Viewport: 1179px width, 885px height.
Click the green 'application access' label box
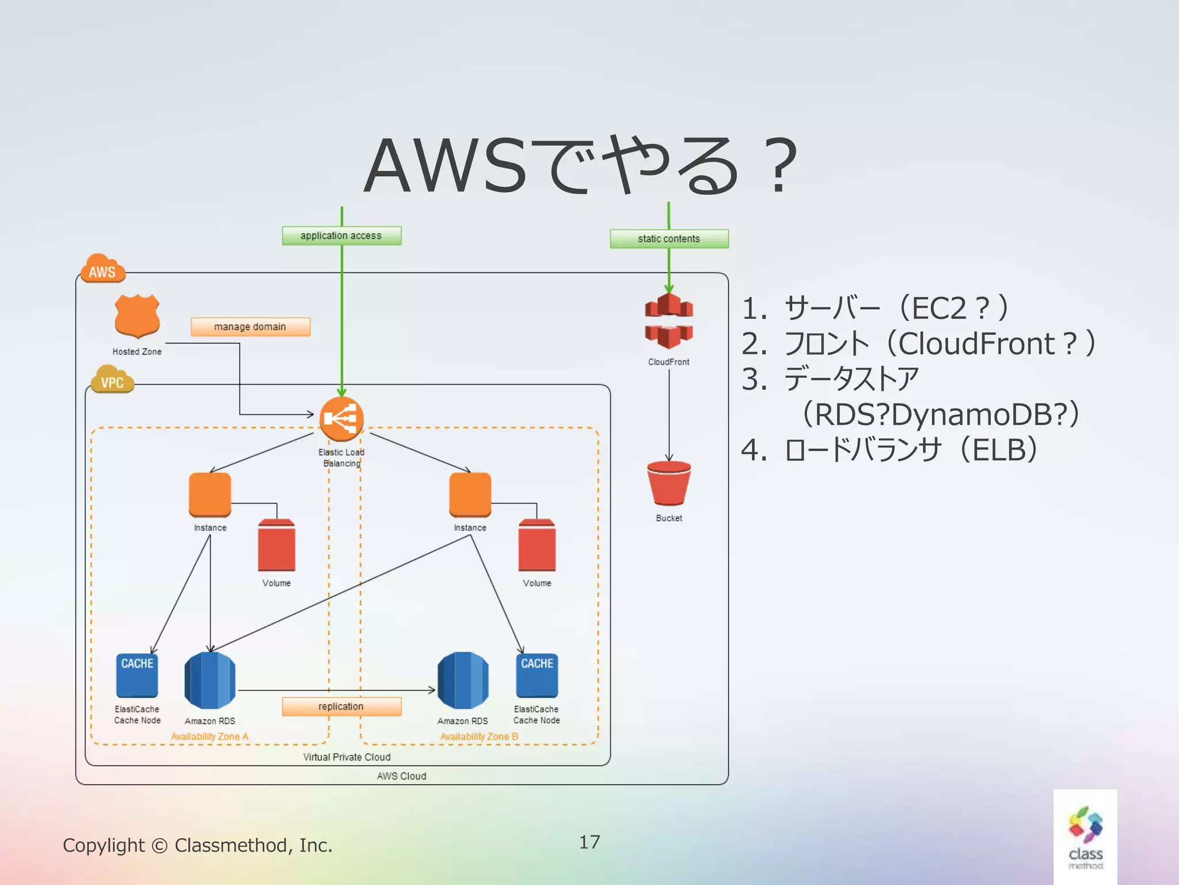341,236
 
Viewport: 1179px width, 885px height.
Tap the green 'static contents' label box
669,239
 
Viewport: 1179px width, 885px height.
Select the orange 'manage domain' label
250,327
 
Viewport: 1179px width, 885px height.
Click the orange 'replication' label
341,706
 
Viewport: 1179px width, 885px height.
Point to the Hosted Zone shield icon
137,316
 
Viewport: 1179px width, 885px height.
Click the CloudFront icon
668,321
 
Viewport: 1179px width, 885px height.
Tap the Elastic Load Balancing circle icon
341,419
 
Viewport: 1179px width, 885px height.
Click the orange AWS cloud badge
103,270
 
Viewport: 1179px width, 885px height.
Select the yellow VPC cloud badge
112,380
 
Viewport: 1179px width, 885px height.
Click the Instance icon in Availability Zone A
210,494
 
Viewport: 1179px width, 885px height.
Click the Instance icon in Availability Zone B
470,494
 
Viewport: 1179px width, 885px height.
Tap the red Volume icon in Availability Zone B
537,545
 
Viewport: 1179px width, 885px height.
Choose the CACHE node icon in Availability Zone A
137,675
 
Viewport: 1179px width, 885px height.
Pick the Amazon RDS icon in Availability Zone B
463,680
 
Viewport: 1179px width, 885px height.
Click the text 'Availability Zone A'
210,736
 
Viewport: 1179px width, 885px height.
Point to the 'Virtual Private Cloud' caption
347,757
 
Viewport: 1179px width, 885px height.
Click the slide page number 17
589,842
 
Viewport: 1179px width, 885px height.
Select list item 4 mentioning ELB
889,450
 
